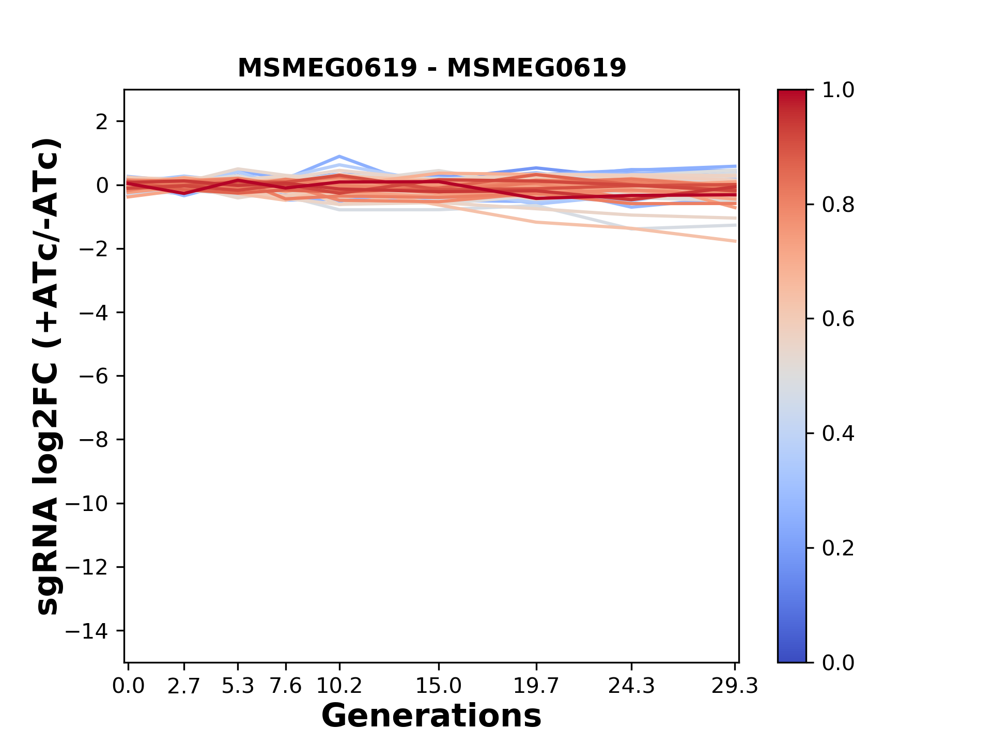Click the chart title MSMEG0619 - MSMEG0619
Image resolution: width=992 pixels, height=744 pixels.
[431, 68]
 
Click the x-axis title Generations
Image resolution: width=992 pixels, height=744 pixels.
[431, 716]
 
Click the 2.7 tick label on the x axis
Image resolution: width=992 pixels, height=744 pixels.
[184, 686]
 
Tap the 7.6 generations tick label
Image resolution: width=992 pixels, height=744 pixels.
[286, 686]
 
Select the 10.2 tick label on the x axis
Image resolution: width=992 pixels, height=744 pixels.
[339, 686]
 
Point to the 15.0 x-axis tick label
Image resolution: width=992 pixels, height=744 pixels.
[439, 686]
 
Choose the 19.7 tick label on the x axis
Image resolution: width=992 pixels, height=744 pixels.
[536, 686]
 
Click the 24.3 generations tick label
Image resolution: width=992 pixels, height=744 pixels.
[631, 686]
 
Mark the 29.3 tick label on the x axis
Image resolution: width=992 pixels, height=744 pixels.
[735, 686]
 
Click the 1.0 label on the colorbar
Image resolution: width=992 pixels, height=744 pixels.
[838, 90]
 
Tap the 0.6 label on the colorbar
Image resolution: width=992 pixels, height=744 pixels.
[838, 319]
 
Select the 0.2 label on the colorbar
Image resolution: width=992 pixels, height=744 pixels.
[838, 548]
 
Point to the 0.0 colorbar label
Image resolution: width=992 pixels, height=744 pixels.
[838, 662]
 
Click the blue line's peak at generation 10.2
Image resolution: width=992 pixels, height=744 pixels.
[339, 156]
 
